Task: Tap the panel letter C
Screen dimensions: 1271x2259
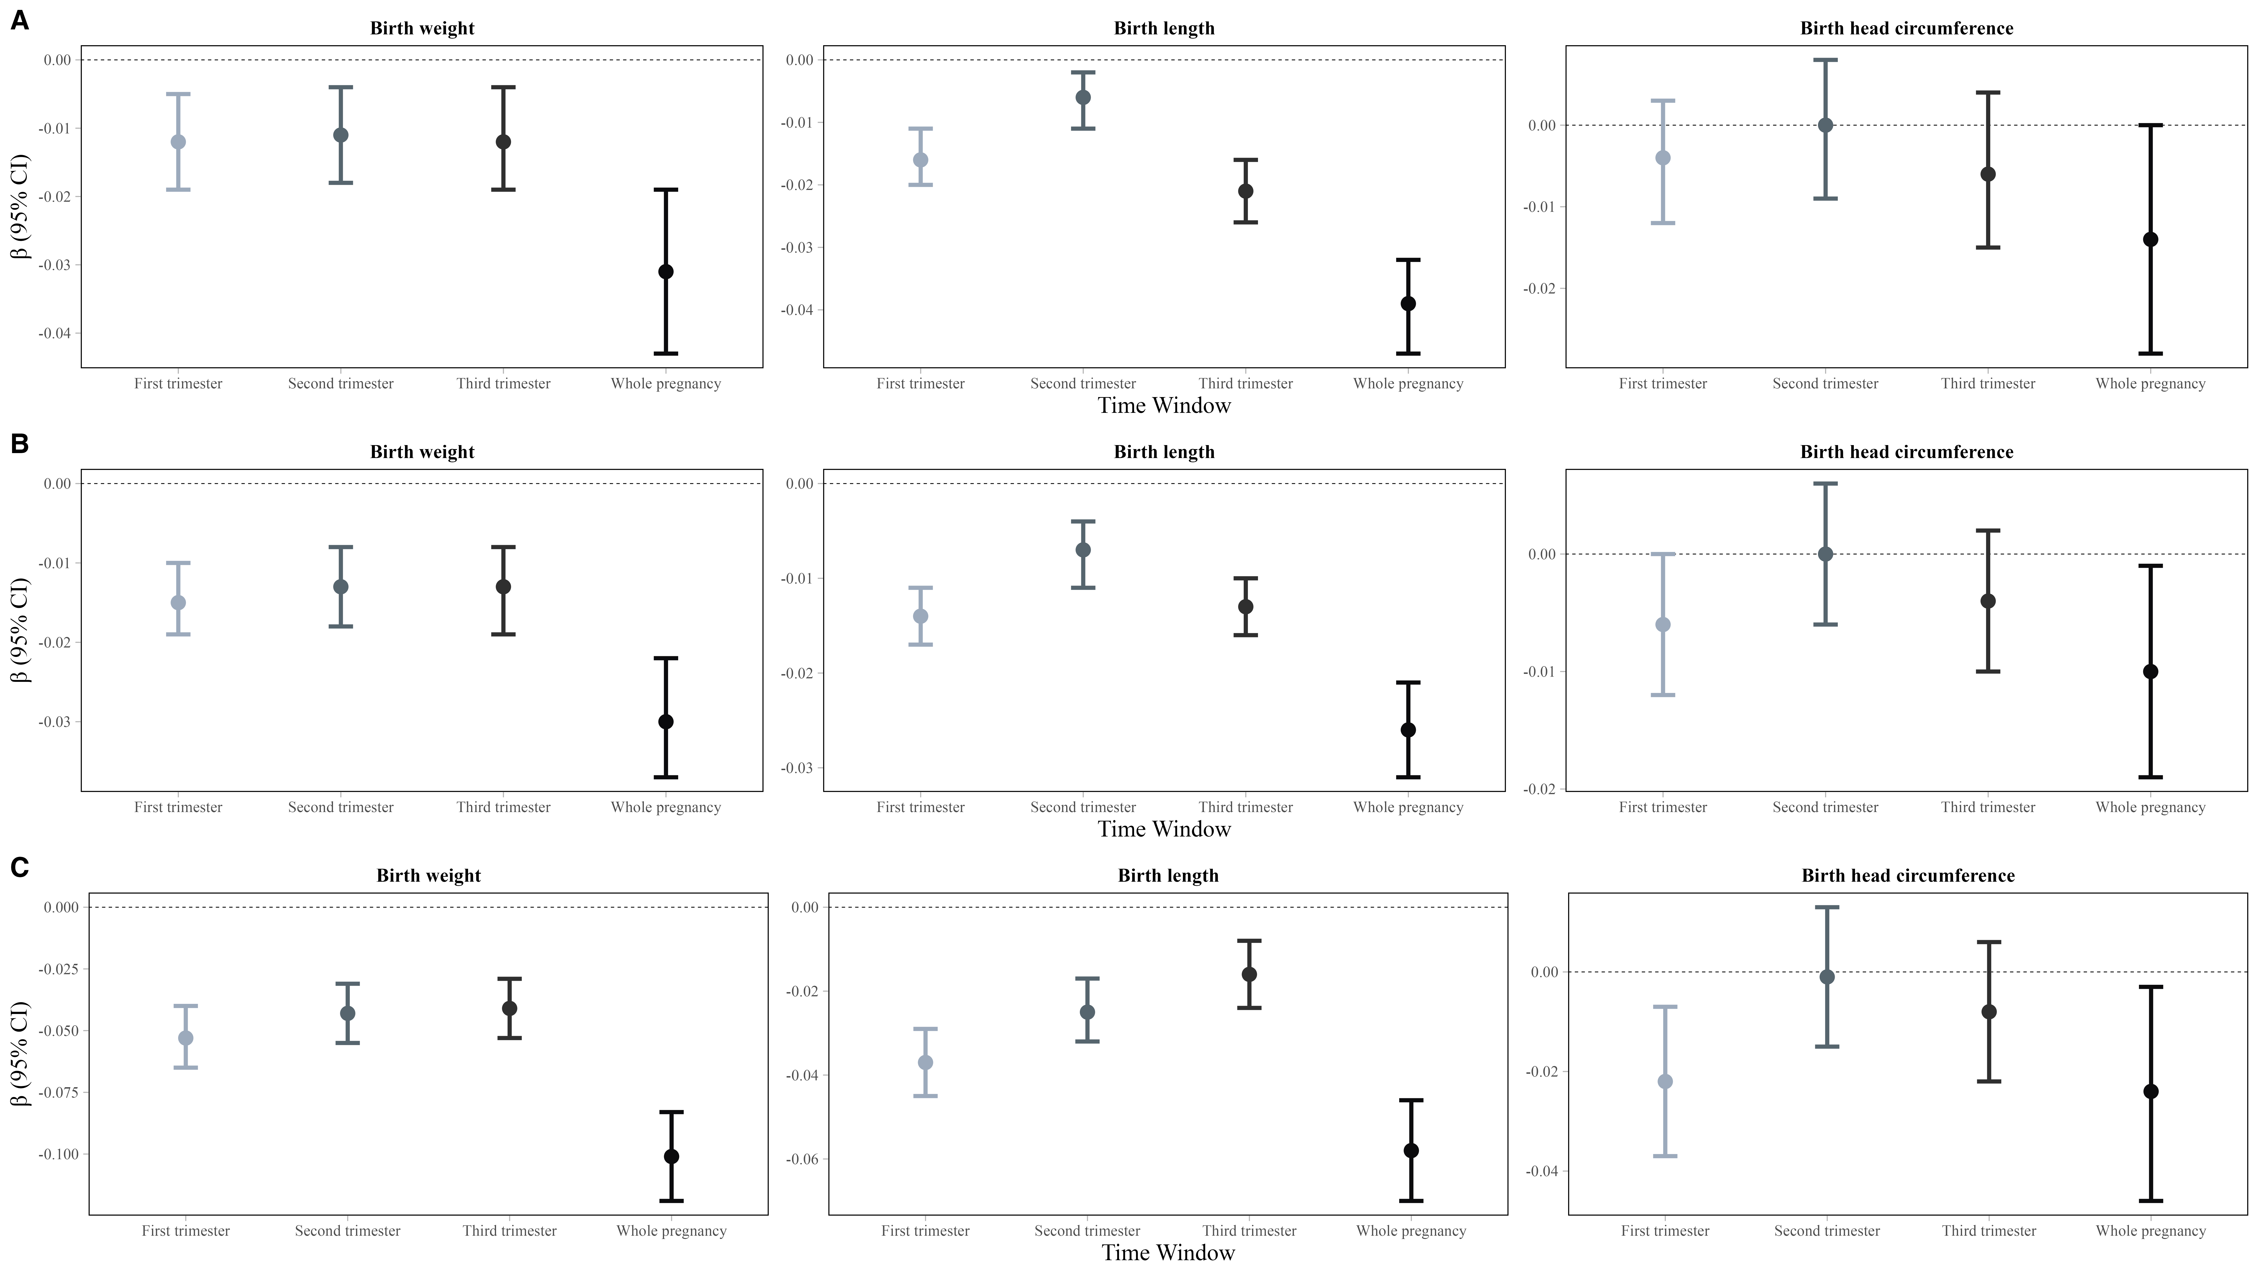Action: [x=19, y=868]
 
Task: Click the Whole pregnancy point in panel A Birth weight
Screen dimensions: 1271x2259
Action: [x=666, y=272]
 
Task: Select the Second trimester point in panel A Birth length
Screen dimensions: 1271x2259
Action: [x=1083, y=97]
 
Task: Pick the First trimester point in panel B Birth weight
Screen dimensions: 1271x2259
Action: [x=178, y=603]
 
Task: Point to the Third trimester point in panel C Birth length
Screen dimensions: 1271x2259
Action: [x=1249, y=974]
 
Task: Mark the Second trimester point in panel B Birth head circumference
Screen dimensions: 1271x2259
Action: [x=1825, y=554]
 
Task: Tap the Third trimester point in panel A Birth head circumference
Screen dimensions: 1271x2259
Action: [x=1988, y=174]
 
